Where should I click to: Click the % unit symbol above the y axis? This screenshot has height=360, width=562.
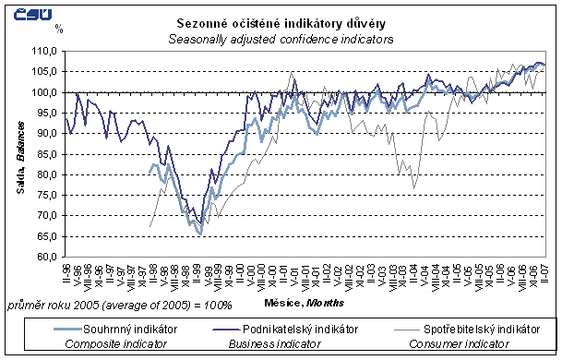[58, 30]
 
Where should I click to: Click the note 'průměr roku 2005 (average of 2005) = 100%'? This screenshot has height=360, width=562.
[119, 303]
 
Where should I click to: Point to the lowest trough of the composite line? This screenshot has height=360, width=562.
[200, 234]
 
